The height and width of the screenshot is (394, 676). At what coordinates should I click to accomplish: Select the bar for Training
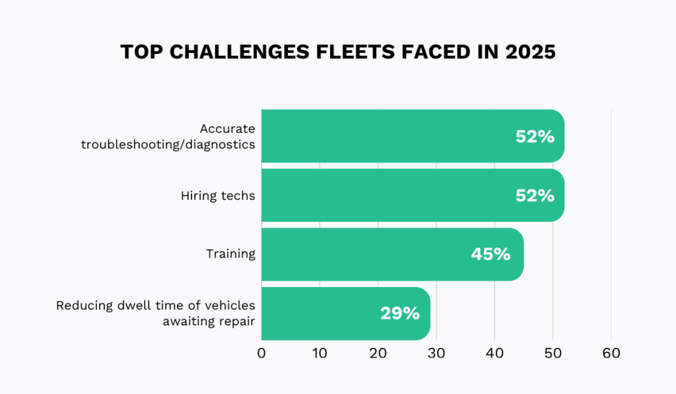pyautogui.click(x=392, y=254)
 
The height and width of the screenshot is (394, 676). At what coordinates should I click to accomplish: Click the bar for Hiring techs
pyautogui.click(x=413, y=195)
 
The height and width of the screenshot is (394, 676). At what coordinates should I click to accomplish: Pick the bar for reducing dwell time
pyautogui.click(x=345, y=313)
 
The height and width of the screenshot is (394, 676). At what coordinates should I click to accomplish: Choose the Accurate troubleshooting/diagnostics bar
pyautogui.click(x=413, y=136)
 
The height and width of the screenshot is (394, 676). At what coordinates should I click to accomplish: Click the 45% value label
pyautogui.click(x=490, y=254)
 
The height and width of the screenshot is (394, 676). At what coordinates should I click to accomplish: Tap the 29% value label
pyautogui.click(x=399, y=313)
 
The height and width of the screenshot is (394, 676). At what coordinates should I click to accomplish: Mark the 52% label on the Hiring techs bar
pyautogui.click(x=535, y=195)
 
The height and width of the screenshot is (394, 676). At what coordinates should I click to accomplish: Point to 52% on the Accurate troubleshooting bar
pyautogui.click(x=535, y=137)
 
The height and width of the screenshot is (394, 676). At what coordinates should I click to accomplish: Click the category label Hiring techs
pyautogui.click(x=218, y=195)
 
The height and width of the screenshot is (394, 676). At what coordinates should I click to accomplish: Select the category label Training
pyautogui.click(x=230, y=254)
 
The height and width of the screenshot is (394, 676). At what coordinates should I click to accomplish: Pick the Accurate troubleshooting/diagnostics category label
pyautogui.click(x=168, y=136)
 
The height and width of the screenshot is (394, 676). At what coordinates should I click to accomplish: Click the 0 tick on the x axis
pyautogui.click(x=261, y=354)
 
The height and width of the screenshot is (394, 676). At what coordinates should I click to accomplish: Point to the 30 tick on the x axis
pyautogui.click(x=436, y=354)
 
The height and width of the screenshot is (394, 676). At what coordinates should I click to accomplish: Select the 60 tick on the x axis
pyautogui.click(x=611, y=354)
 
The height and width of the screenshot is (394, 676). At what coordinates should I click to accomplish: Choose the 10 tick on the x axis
pyautogui.click(x=320, y=354)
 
